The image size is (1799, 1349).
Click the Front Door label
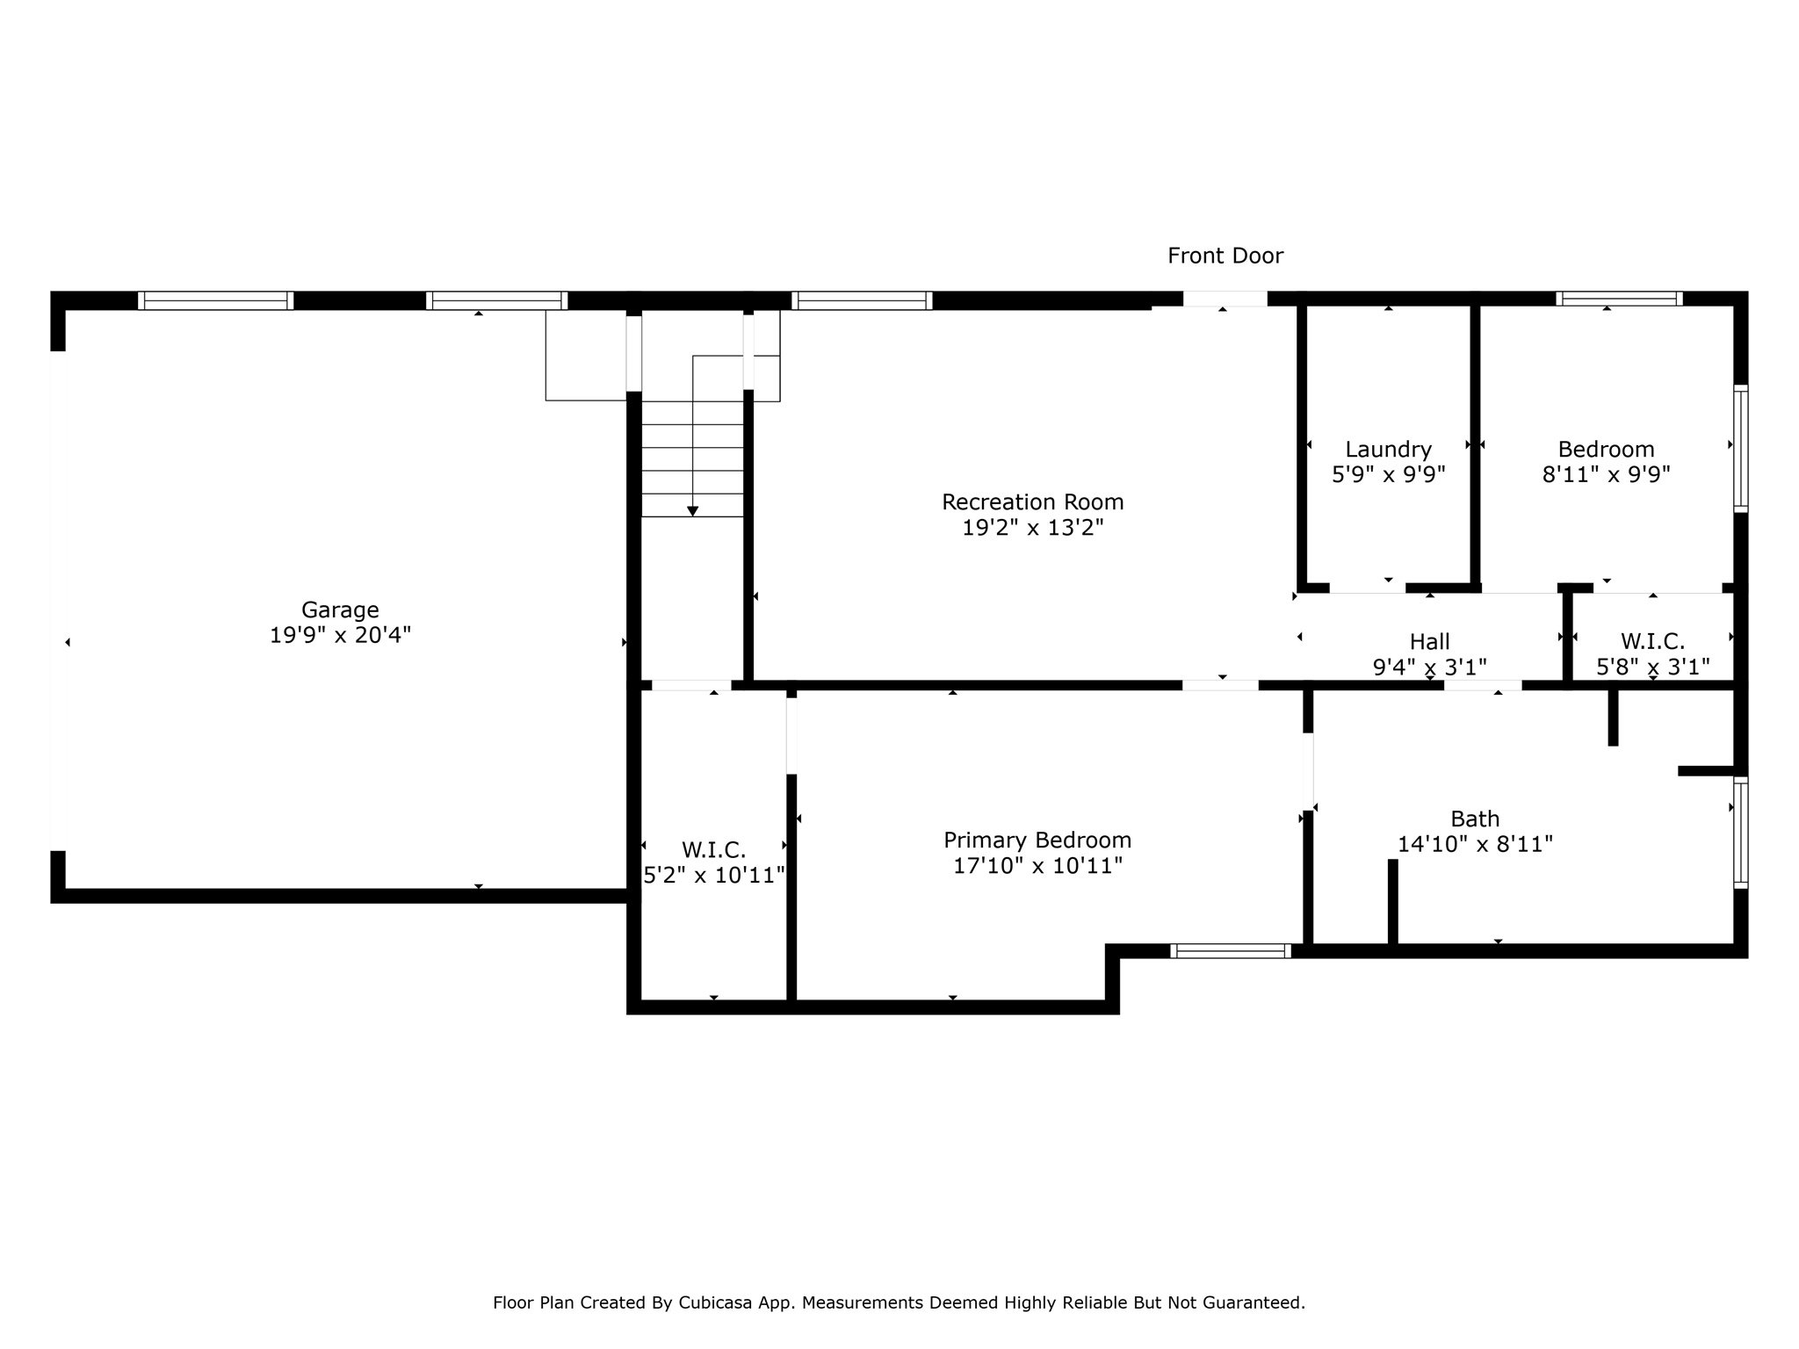click(1225, 256)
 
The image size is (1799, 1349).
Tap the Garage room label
click(340, 610)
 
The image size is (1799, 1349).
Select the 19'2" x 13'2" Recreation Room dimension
click(1032, 528)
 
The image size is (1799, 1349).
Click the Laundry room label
click(1388, 450)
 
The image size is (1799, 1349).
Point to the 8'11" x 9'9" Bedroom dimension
click(1606, 475)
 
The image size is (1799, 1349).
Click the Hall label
click(1429, 642)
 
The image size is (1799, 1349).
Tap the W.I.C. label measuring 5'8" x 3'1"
click(1652, 642)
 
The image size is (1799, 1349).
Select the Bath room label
click(1475, 819)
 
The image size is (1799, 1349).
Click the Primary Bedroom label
click(1037, 840)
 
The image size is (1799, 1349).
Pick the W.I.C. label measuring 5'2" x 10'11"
click(713, 850)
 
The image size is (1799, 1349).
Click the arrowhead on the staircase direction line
click(692, 511)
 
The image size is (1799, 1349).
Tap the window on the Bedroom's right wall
click(1740, 448)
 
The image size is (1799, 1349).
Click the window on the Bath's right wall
click(1740, 833)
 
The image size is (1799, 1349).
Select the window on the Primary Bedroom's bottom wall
click(1231, 950)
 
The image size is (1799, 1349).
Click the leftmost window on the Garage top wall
click(215, 300)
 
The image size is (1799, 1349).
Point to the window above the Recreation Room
click(861, 300)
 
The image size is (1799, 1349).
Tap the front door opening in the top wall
click(1225, 299)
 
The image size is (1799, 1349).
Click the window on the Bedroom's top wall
click(1619, 299)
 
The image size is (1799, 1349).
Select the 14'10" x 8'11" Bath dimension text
click(1475, 845)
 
